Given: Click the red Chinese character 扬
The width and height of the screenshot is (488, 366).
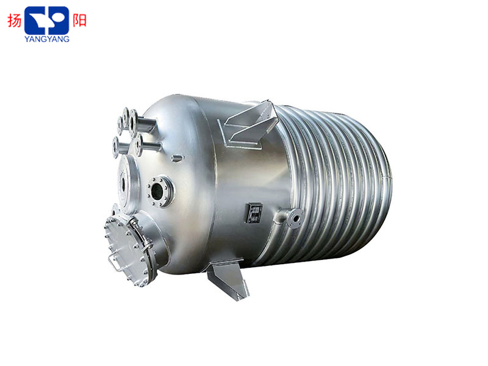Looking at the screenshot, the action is coord(15,21).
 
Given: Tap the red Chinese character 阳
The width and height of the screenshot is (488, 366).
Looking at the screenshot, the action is coord(79,21).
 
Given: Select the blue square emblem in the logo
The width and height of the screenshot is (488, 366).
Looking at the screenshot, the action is coord(47,20).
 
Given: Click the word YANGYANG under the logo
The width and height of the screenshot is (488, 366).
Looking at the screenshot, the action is coord(47,39).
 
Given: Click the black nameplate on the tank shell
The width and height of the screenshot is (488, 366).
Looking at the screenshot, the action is coord(254,213).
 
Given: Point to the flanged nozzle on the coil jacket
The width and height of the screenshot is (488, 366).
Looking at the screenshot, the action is coord(294,218).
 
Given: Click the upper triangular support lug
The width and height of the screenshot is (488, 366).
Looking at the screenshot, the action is coord(249,124).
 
